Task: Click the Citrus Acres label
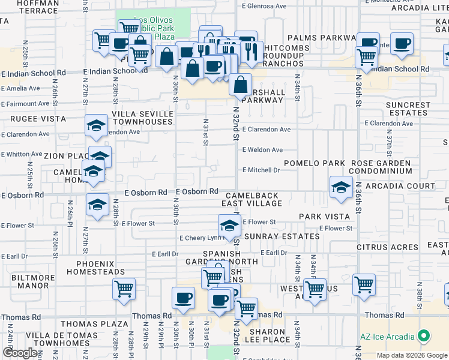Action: click(396, 247)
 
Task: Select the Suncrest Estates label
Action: click(409, 109)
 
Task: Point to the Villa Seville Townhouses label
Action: click(143, 118)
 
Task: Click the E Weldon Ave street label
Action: click(262, 150)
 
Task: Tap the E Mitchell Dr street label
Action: click(261, 170)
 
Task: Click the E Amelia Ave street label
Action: click(20, 88)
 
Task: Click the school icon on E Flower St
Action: click(229, 226)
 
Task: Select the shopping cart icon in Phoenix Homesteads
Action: click(124, 289)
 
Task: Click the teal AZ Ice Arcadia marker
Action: click(424, 336)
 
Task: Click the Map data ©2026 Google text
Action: click(412, 355)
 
